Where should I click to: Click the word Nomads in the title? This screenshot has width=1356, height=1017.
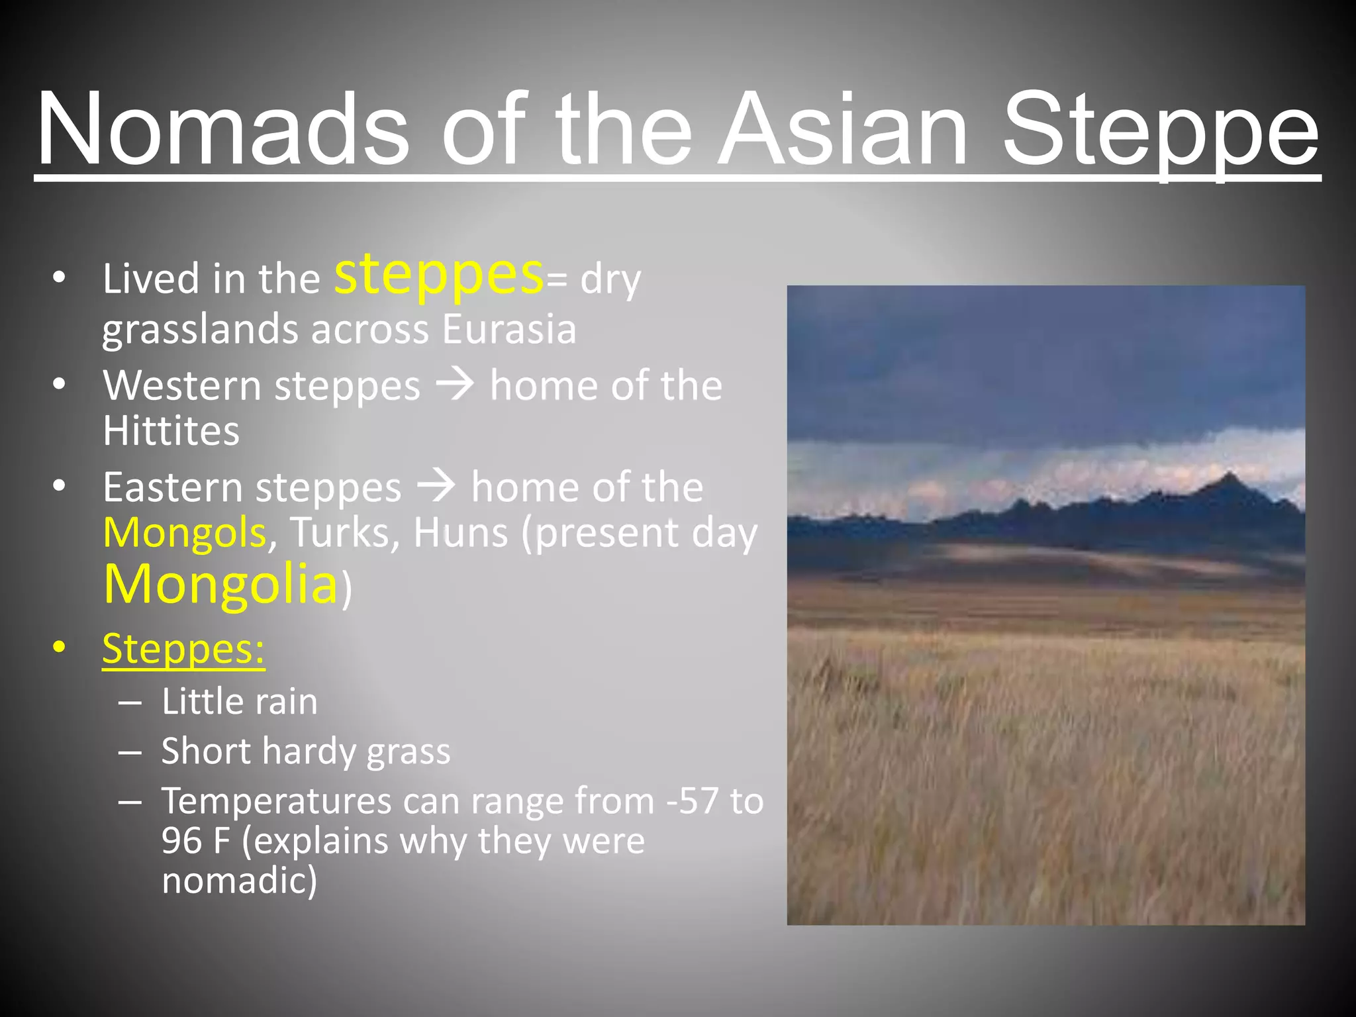click(222, 129)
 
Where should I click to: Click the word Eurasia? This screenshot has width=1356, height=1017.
click(509, 329)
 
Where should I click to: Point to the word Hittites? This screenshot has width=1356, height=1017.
click(171, 431)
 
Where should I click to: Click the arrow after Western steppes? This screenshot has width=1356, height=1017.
click(455, 385)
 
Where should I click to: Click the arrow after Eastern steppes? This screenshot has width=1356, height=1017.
click(436, 487)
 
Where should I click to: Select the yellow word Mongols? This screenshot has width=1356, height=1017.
click(185, 532)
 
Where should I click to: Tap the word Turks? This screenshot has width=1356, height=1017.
click(340, 532)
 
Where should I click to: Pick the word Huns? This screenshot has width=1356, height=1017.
click(461, 532)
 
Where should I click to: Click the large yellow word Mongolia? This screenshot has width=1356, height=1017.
click(220, 584)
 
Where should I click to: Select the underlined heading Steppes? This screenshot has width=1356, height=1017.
click(183, 648)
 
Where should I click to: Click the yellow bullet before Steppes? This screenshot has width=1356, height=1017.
click(60, 647)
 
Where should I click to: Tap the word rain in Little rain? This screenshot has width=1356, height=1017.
click(287, 702)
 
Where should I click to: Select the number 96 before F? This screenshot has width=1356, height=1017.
click(181, 841)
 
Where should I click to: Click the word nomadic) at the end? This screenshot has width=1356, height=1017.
click(239, 881)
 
